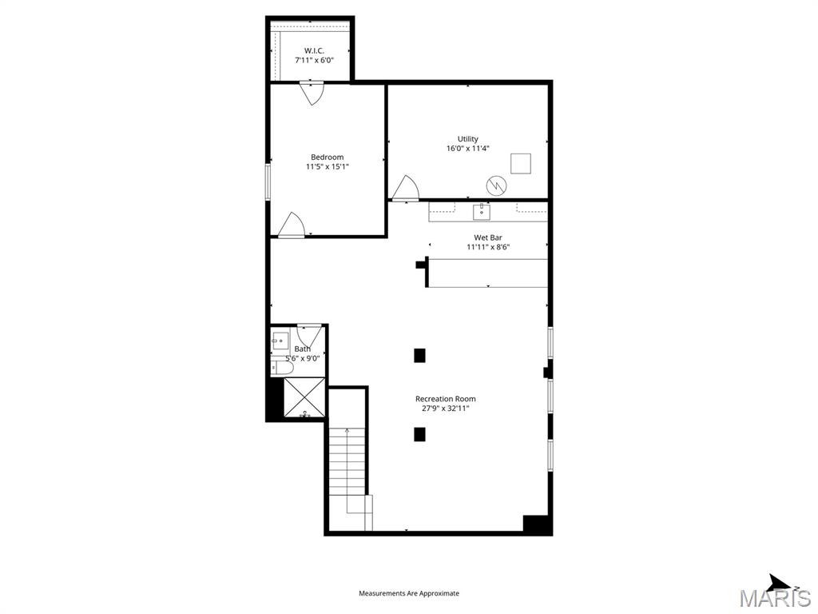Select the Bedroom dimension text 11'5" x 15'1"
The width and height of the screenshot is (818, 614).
328,167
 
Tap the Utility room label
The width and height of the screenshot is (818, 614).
468,139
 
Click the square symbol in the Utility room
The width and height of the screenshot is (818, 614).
521,162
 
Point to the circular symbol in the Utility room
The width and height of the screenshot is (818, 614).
496,185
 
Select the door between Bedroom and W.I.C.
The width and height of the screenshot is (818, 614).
311,92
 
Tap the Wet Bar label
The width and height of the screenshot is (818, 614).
488,237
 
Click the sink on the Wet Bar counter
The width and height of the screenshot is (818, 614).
482,211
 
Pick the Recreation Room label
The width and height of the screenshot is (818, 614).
445,399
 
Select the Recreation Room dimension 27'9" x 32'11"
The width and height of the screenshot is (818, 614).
445,409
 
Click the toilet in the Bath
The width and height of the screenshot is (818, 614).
279,367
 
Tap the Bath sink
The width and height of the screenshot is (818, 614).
280,341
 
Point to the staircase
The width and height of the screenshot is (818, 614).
347,472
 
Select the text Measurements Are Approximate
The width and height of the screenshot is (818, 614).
409,593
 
